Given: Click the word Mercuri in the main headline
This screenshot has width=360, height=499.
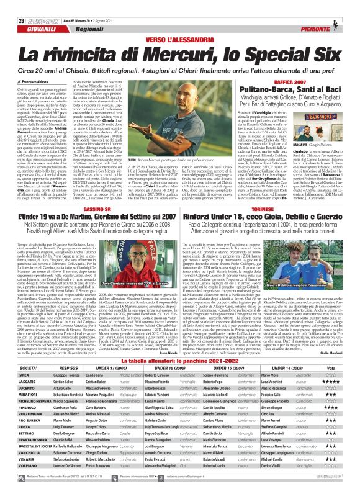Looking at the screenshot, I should pos(176,41).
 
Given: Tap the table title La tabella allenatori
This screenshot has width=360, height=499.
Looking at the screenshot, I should pos(180,344).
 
